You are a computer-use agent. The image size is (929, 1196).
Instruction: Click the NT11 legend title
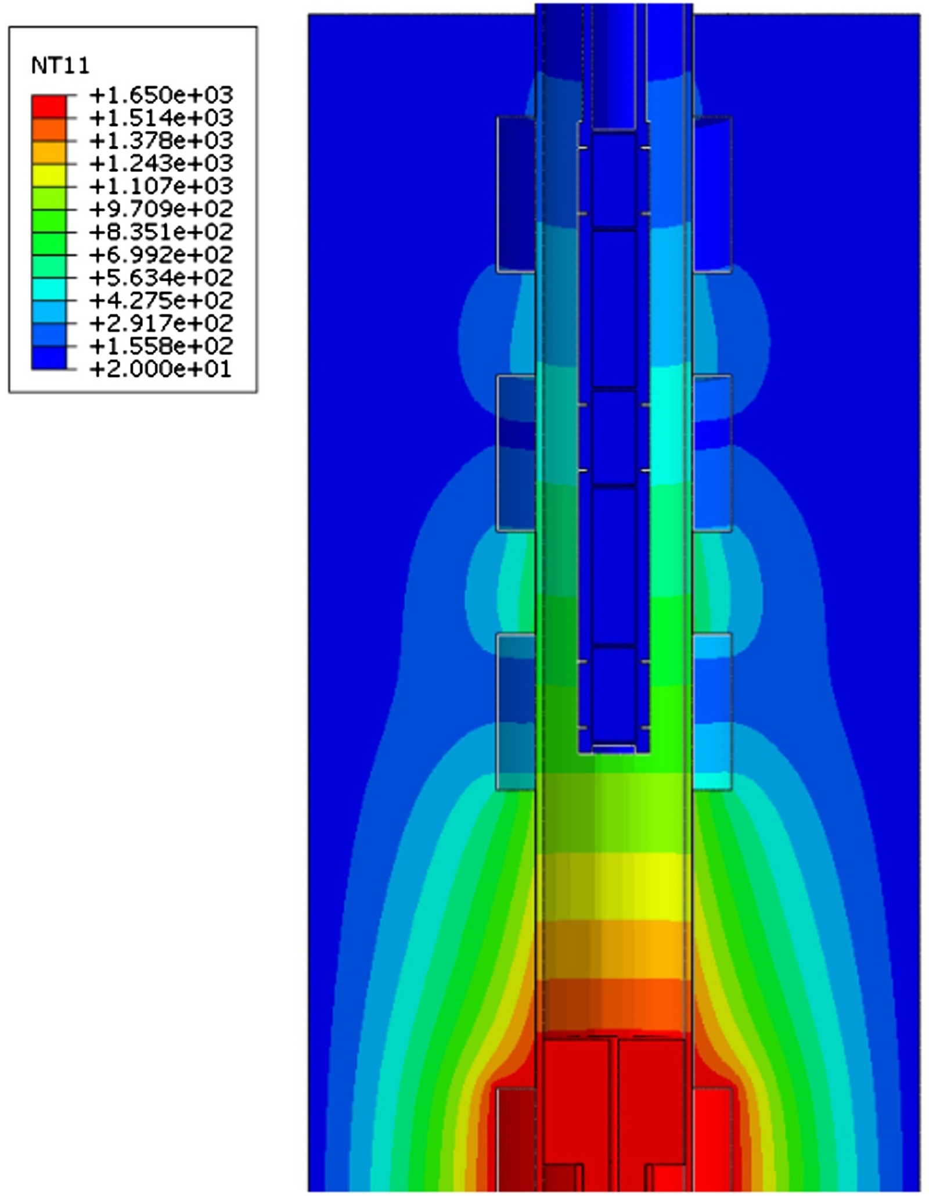click(x=60, y=66)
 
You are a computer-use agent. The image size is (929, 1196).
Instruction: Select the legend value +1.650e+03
click(x=161, y=95)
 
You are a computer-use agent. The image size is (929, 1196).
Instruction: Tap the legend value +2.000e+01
click(x=161, y=369)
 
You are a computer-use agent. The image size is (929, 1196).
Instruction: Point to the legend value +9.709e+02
click(x=161, y=209)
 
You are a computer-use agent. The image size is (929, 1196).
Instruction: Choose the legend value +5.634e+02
click(x=161, y=277)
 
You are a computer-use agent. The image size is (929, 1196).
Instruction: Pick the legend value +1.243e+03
click(x=161, y=163)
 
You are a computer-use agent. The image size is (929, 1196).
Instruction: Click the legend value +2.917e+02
click(x=161, y=323)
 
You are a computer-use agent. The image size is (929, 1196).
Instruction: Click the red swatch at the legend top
click(x=49, y=106)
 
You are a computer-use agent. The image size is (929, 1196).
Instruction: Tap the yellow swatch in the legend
click(x=49, y=175)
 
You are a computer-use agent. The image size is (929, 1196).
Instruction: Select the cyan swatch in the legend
click(x=49, y=289)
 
